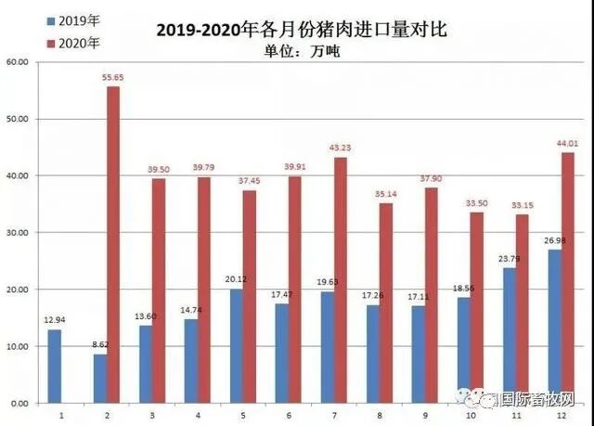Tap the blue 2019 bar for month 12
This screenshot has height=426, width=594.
point(555,326)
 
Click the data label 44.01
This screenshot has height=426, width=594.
point(567,144)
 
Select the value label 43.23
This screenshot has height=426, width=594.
point(340,148)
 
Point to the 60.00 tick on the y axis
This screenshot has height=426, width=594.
point(18,62)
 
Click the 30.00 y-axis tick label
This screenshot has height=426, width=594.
point(18,233)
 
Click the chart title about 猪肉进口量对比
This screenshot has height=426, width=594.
point(302,30)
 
